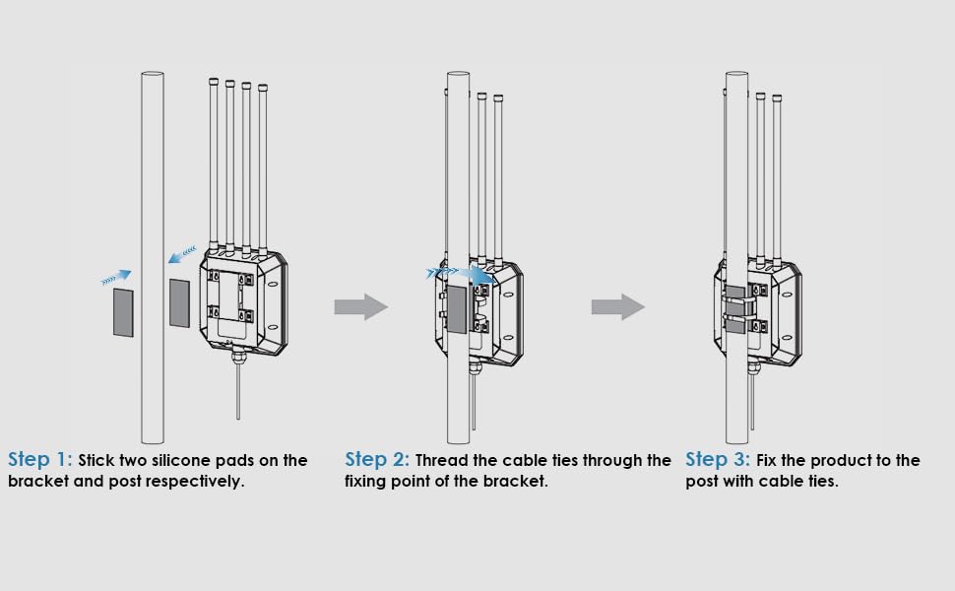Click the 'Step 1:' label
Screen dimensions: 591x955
[x=40, y=460]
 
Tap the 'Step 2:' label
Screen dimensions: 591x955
[x=377, y=460]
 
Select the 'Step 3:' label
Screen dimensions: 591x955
[x=718, y=460]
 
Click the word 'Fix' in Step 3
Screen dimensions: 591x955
[x=770, y=461]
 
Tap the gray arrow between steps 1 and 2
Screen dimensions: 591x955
[x=360, y=307]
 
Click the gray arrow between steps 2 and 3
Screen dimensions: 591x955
[x=617, y=307]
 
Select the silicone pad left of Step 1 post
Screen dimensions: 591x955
[x=123, y=311]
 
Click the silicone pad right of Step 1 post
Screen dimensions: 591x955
[x=180, y=302]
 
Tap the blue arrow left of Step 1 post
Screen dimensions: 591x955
[x=116, y=278]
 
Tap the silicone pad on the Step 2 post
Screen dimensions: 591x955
[x=457, y=309]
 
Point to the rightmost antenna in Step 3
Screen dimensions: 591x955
[x=777, y=177]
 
